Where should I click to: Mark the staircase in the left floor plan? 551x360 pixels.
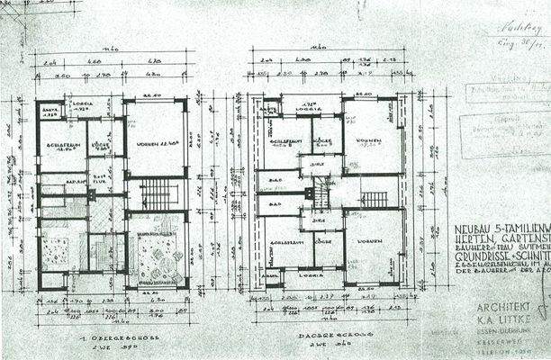(x=156, y=193)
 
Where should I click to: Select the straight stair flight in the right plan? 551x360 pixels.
(x=375, y=199)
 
